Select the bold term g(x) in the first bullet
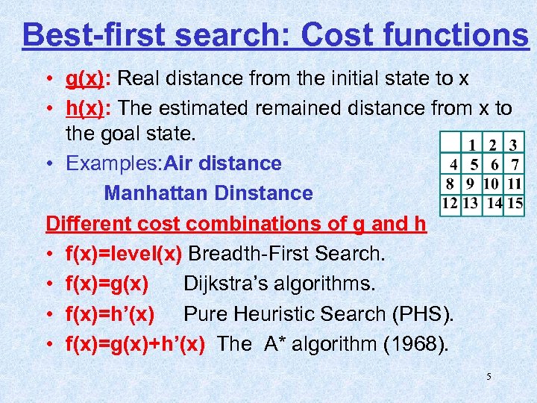[x=85, y=78]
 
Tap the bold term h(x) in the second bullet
[x=85, y=108]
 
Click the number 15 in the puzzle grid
[x=515, y=202]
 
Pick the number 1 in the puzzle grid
[x=471, y=144]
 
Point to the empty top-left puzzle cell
[x=450, y=144]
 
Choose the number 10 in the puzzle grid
[x=491, y=183]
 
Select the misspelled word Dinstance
[x=263, y=193]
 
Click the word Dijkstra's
[x=231, y=284]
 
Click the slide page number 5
[x=489, y=377]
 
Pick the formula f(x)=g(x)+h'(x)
[x=135, y=344]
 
